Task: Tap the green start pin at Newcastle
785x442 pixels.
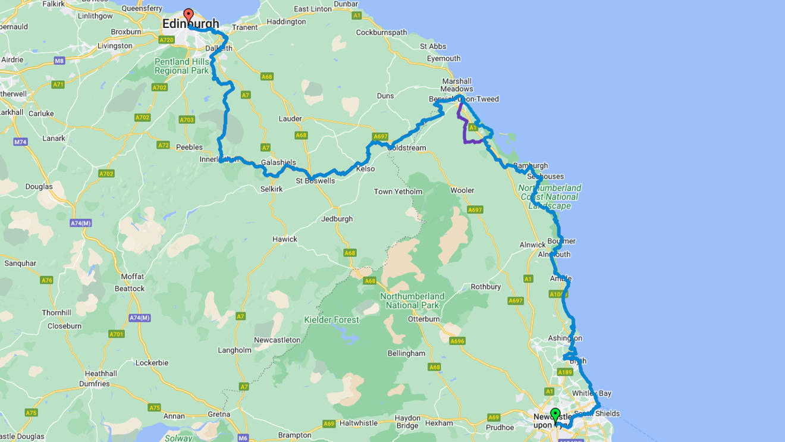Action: point(555,415)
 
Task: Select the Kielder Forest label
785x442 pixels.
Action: point(331,320)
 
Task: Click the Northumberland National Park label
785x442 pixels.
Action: point(412,300)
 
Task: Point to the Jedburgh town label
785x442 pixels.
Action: point(337,219)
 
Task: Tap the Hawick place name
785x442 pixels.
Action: point(284,239)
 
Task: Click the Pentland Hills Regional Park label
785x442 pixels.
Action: point(182,66)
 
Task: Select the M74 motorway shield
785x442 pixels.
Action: point(21,142)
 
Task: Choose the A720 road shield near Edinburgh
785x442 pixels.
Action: point(166,40)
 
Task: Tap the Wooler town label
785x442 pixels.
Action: point(462,190)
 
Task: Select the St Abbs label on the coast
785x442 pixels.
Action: point(433,46)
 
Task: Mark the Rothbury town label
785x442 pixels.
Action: point(486,287)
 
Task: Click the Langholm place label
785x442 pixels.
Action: point(234,350)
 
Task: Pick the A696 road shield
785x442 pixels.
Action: point(457,341)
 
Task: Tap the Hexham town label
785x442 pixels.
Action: point(439,423)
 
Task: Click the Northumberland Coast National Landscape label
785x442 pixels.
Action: point(549,197)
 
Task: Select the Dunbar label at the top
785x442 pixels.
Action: point(346,4)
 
